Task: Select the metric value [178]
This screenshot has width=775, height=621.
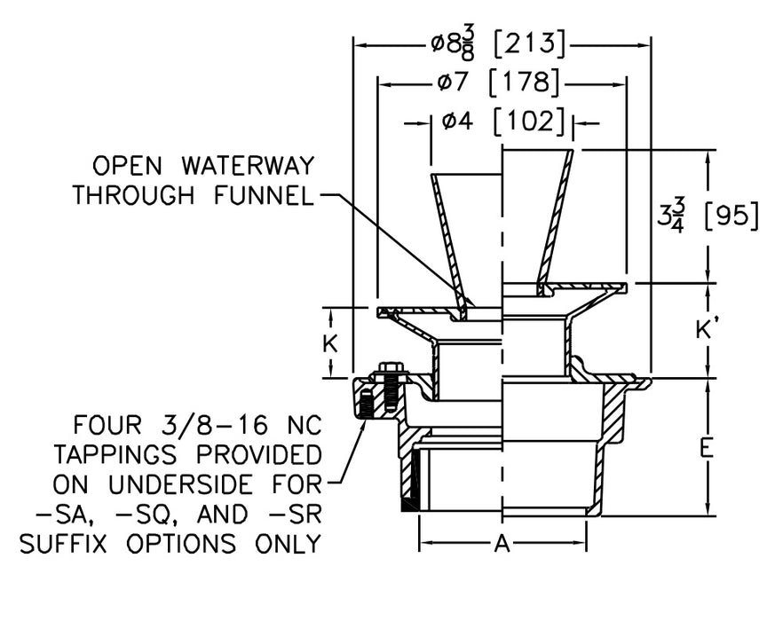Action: pos(525,83)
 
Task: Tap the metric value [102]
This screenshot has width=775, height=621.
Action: pos(529,122)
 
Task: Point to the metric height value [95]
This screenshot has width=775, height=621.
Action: pos(731,216)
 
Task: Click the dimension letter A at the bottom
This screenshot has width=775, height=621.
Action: pos(502,546)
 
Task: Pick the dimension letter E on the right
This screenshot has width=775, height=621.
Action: pos(707,448)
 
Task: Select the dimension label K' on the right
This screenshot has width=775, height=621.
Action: pos(707,331)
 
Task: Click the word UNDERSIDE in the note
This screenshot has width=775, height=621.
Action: pos(199,484)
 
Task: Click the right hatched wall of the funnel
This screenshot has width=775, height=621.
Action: pos(556,222)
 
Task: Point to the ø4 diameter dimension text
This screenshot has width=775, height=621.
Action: pos(456,122)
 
